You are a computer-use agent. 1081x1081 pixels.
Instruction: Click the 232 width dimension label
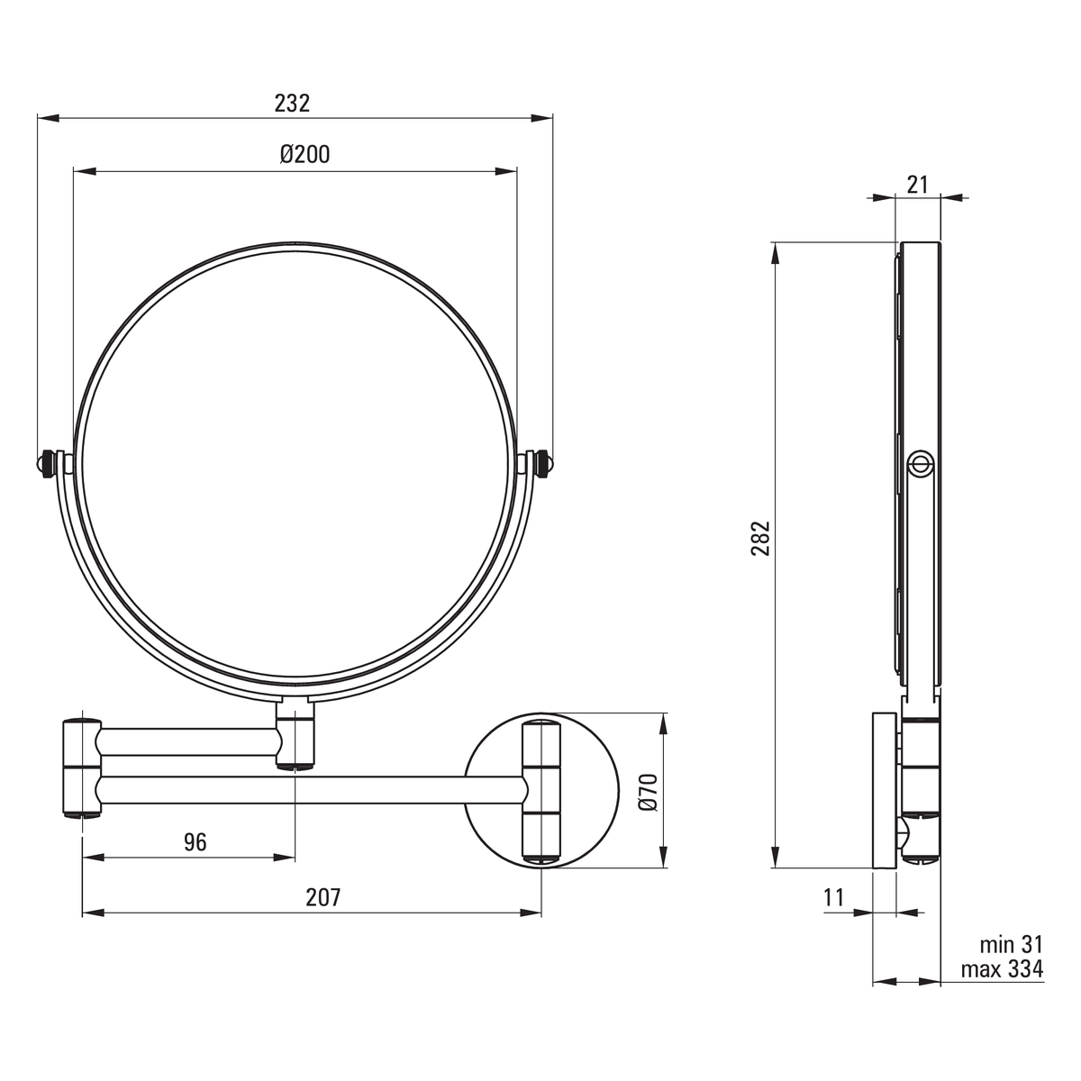(x=292, y=104)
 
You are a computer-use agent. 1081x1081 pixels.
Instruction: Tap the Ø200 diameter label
(x=304, y=154)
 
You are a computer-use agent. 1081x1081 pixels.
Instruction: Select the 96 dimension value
(x=195, y=842)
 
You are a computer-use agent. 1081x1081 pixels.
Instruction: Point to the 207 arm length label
(x=323, y=897)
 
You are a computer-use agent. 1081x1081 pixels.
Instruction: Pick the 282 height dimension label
(x=760, y=539)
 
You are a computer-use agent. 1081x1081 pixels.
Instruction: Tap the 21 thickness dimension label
(x=918, y=185)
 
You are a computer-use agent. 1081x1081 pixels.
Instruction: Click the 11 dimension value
(x=834, y=897)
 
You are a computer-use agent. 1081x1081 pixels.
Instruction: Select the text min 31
(x=1011, y=945)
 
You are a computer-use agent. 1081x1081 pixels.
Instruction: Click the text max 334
(x=1002, y=968)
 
